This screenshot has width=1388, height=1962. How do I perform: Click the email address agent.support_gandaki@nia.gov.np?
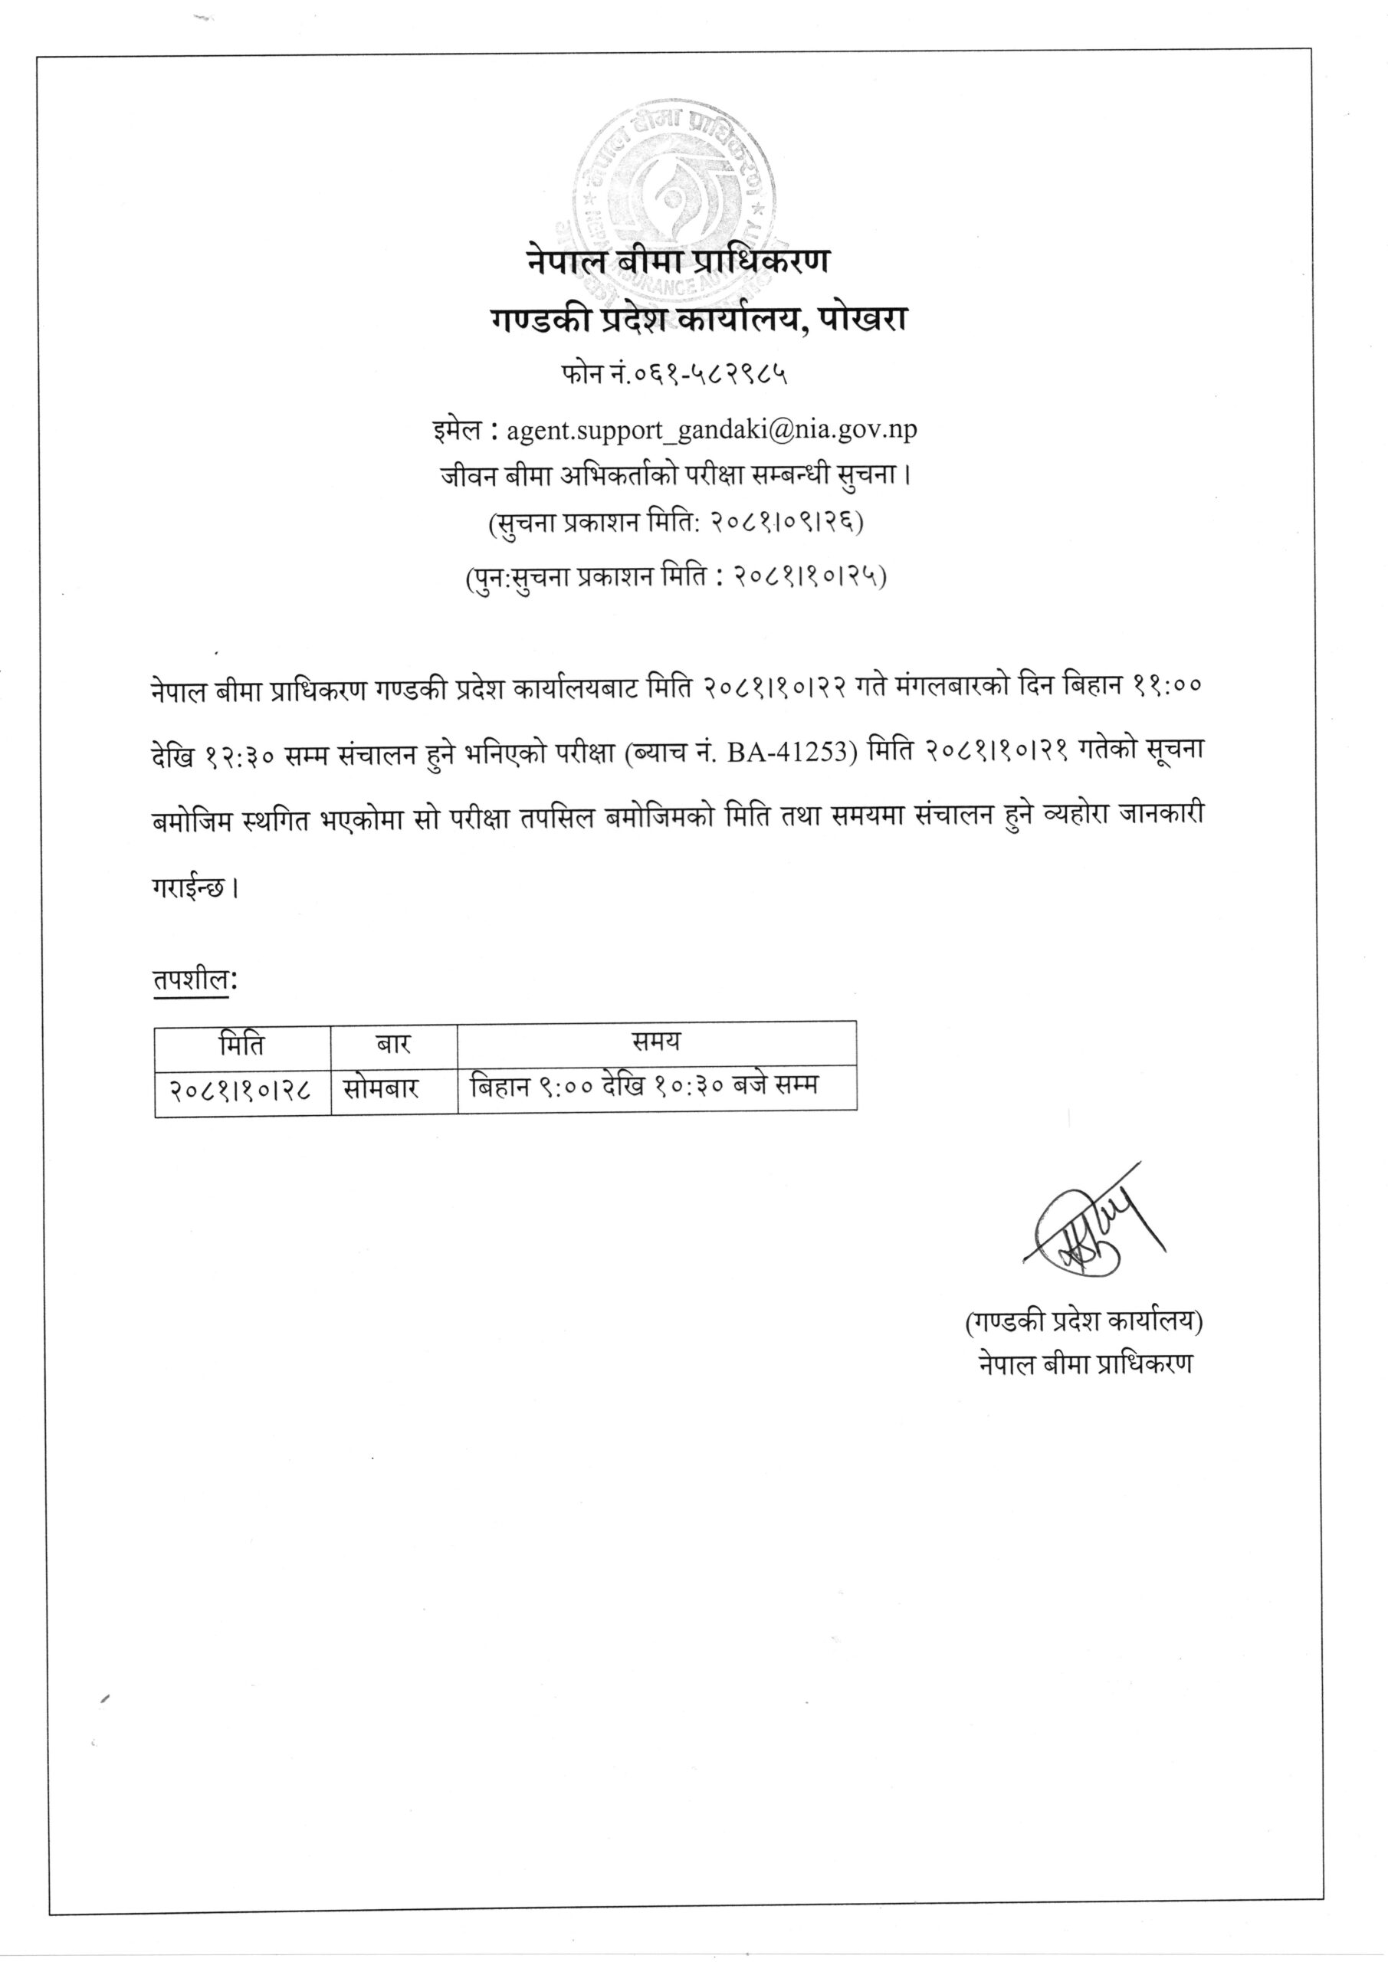[x=711, y=429]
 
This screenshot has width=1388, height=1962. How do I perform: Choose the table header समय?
[x=655, y=1042]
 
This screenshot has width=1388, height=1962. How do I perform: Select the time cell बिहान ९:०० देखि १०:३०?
[x=645, y=1085]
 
